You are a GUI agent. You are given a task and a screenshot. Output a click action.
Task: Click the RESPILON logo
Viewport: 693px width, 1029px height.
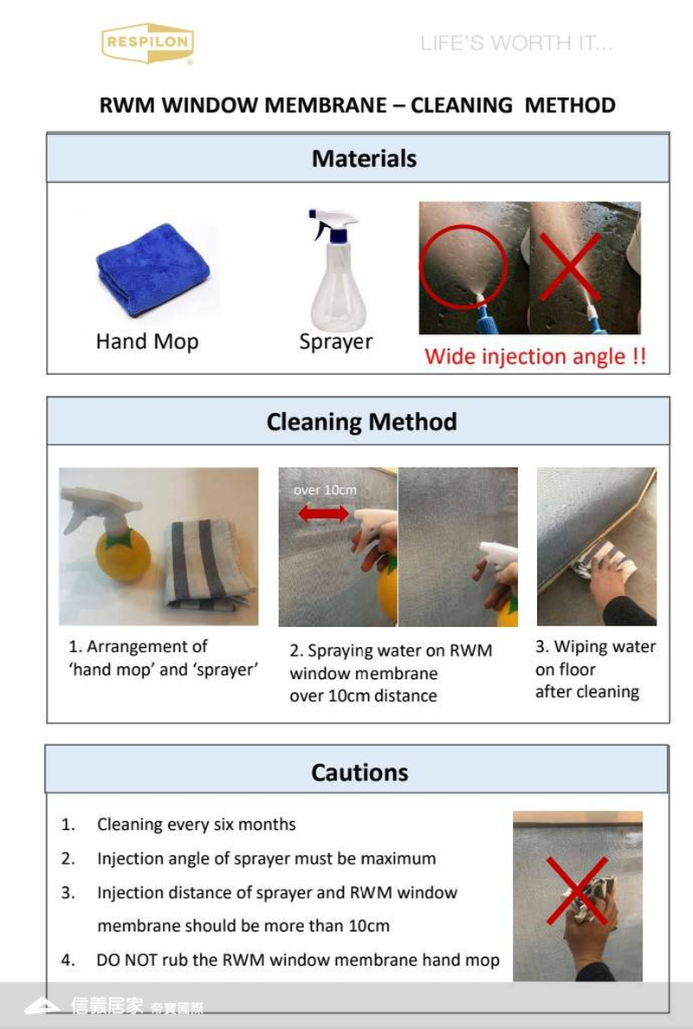(x=147, y=43)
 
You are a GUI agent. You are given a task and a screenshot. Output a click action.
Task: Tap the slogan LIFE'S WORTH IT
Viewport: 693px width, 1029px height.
(x=515, y=43)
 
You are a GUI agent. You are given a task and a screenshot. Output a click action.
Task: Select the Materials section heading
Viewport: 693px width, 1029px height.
(x=364, y=159)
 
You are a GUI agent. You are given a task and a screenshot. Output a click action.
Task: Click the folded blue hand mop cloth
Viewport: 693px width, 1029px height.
(x=153, y=269)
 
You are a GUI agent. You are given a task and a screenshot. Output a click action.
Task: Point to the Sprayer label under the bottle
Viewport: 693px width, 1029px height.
(x=335, y=342)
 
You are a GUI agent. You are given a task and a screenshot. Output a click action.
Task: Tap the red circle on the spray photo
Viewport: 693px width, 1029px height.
(x=463, y=267)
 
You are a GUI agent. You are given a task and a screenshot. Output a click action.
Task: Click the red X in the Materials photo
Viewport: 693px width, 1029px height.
(x=570, y=266)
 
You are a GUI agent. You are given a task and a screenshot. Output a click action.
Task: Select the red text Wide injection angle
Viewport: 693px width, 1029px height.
(x=534, y=356)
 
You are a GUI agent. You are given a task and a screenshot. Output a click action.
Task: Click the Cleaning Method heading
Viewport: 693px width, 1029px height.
(x=361, y=421)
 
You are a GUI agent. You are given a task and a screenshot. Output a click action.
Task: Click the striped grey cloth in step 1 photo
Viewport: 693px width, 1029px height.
(x=208, y=565)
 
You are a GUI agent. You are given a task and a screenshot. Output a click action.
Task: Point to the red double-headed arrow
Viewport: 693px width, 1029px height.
(x=324, y=513)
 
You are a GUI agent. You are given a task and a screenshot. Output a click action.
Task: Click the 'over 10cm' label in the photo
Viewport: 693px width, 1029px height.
(x=325, y=490)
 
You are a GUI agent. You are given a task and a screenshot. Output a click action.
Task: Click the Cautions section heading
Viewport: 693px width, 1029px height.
(x=359, y=773)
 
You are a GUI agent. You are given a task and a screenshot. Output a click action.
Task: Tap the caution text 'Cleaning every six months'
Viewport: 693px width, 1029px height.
(x=197, y=825)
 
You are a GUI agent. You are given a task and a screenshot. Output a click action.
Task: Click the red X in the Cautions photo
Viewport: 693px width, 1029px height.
(x=578, y=890)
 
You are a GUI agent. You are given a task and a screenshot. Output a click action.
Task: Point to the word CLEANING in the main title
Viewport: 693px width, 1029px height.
(x=462, y=105)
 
